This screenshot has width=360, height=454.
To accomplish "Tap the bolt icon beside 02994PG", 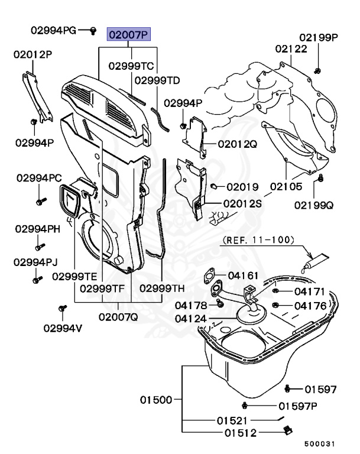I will coord(93,30).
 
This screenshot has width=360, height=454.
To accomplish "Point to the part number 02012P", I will coord(33,55).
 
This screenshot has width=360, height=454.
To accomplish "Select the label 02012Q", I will coord(237,144).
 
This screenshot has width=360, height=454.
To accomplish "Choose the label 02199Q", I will coord(313,205).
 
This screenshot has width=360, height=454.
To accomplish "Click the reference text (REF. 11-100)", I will coord(259,241).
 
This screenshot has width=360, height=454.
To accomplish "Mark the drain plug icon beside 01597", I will coord(288,389).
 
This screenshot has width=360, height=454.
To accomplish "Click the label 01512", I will coord(241,433).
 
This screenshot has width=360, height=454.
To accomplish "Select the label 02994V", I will coord(62,328).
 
